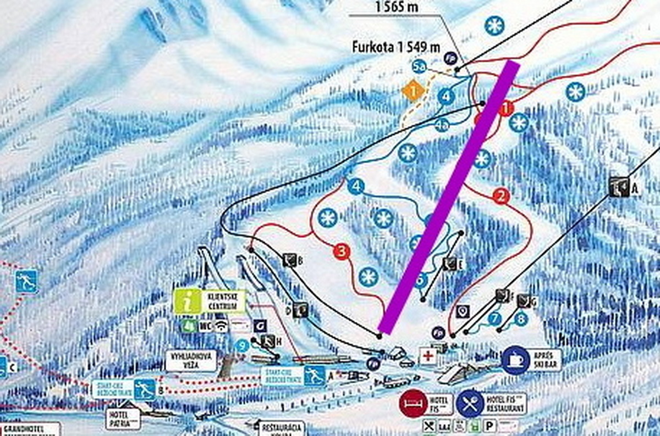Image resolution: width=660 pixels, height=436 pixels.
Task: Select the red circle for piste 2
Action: point(501,196)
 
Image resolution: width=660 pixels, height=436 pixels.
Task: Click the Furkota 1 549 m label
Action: point(396,47)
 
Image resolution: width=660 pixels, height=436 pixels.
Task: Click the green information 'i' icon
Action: point(188,301)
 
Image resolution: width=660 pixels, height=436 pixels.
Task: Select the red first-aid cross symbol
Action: point(427,355)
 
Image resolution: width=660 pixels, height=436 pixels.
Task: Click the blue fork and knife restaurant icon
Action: point(469,404)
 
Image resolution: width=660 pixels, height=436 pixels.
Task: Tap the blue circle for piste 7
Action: point(495,317)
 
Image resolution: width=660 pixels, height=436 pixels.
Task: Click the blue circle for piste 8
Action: point(520,318)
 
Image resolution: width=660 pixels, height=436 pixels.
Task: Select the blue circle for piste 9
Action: point(241,345)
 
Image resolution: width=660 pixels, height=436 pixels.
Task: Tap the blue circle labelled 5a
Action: point(420,67)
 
